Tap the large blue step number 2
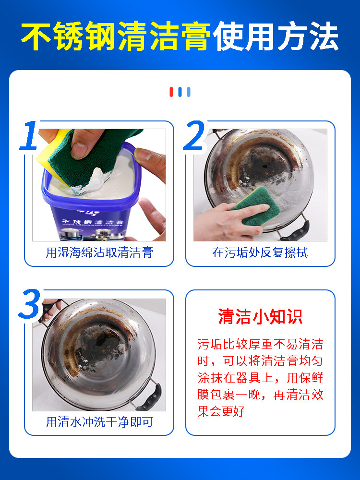[x=194, y=135]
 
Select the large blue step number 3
[x=29, y=304]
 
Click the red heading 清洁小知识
[x=260, y=316]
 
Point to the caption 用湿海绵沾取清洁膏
[x=99, y=252]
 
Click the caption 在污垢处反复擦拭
[x=260, y=252]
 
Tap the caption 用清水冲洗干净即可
[x=99, y=422]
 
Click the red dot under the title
[x=171, y=92]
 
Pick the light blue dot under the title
[x=189, y=92]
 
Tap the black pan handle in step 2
[x=295, y=230]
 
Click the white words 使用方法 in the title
[x=276, y=36]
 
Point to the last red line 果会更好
[x=221, y=411]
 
